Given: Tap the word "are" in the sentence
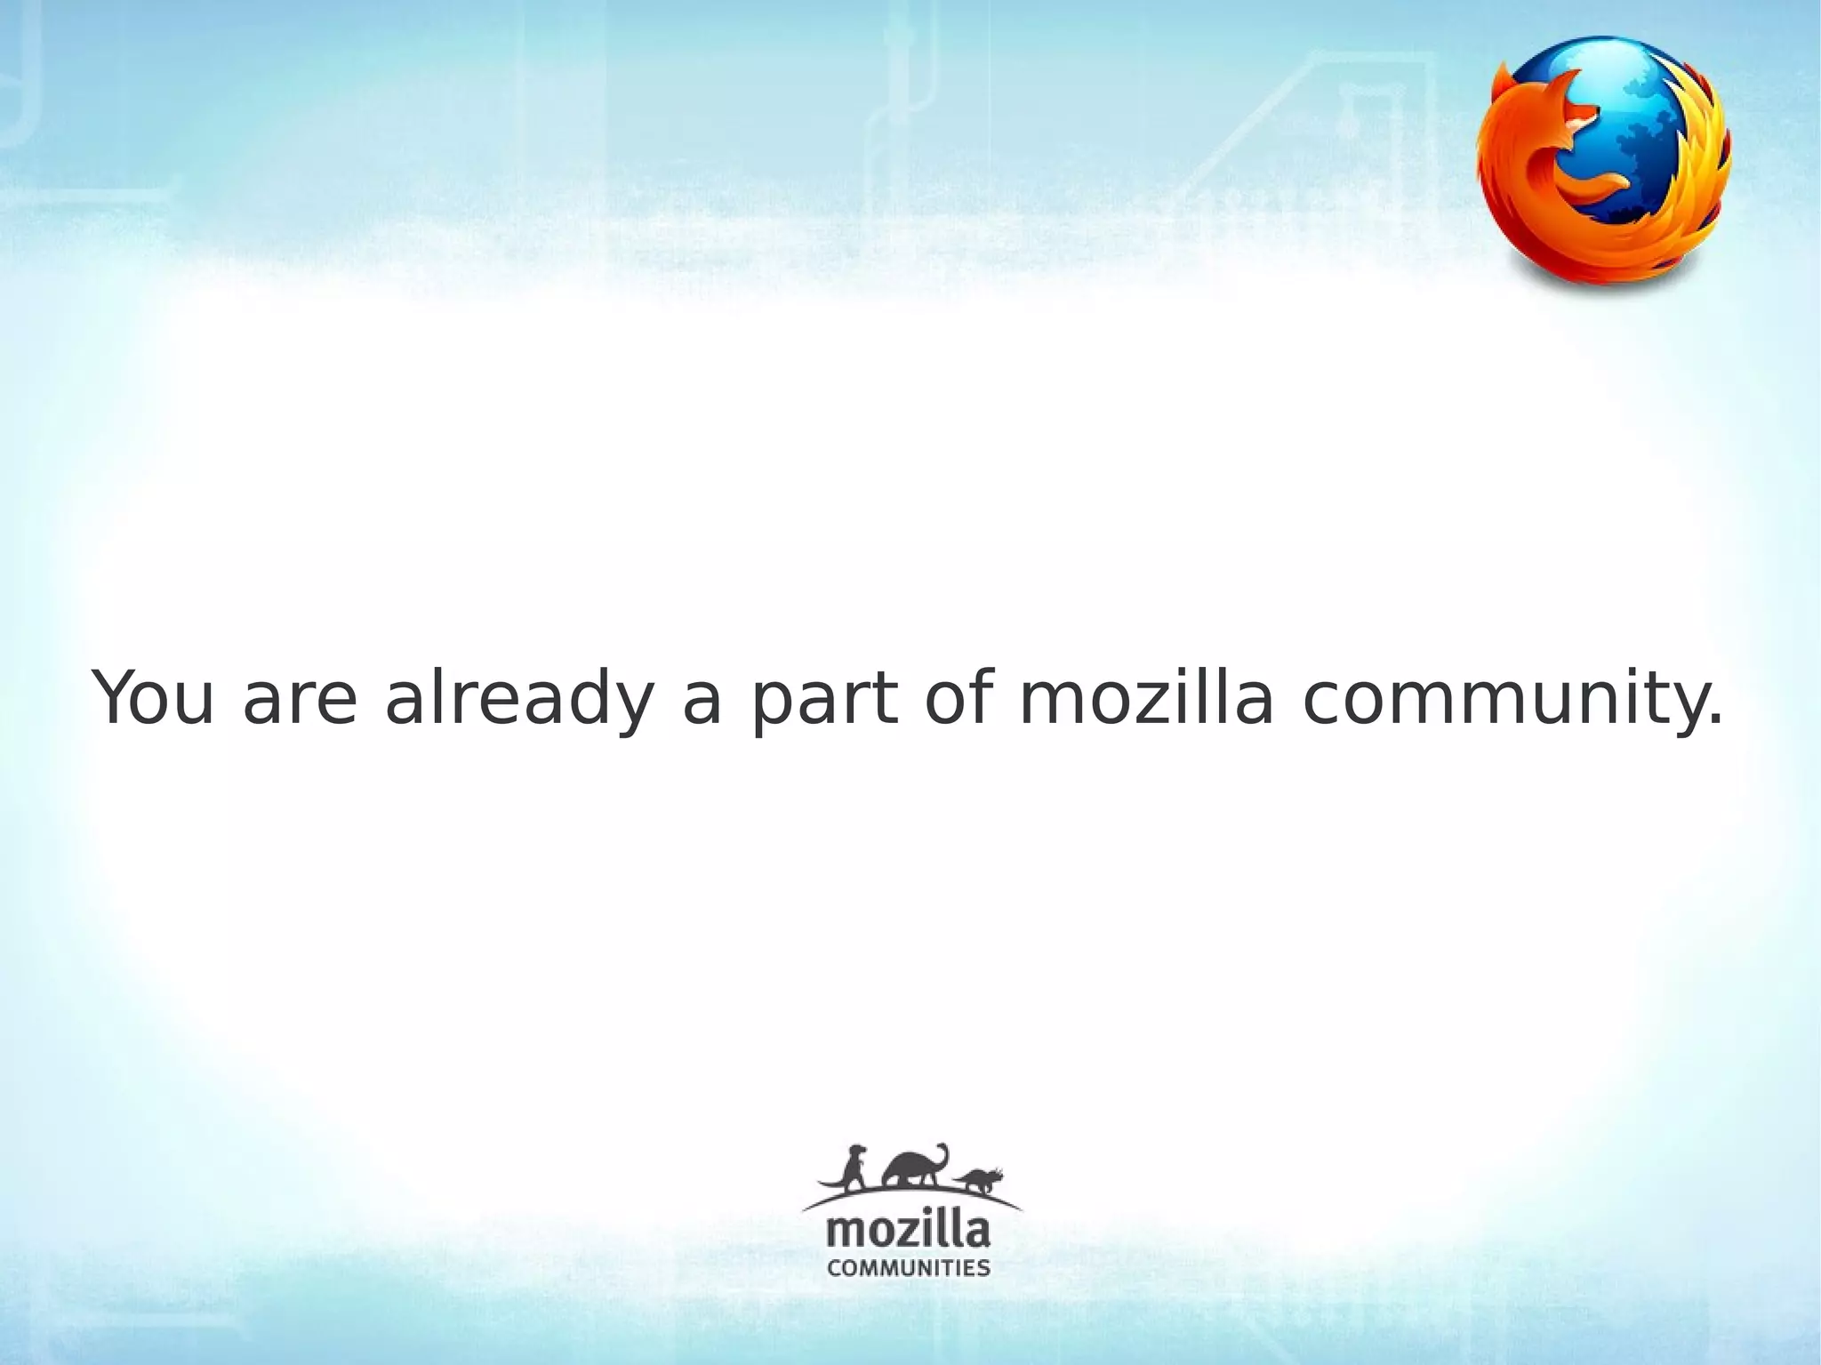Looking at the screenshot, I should [x=301, y=699].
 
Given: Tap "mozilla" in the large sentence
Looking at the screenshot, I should [x=1147, y=699].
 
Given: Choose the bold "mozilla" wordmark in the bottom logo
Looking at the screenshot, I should [x=908, y=1232].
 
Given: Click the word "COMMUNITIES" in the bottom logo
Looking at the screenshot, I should [x=908, y=1267].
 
